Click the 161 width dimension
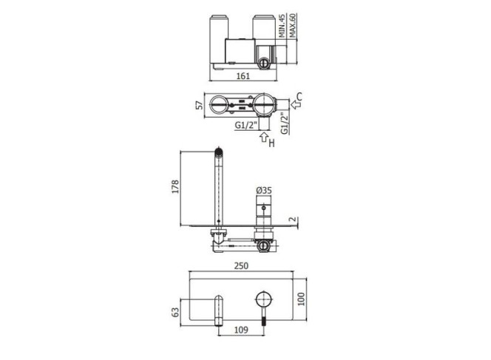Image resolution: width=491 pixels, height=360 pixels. [x=243, y=75]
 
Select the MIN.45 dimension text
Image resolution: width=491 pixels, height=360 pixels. [x=282, y=26]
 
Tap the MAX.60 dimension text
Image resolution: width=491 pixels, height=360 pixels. [x=292, y=25]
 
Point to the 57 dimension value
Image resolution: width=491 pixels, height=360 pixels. [x=199, y=105]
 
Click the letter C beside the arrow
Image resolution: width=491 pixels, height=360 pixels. [x=299, y=97]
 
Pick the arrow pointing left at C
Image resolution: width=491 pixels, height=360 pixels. [x=296, y=104]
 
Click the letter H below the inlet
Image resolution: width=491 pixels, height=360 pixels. [x=271, y=143]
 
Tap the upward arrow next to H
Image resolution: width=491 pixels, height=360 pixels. [x=264, y=137]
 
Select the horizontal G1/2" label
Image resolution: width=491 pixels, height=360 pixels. [x=245, y=125]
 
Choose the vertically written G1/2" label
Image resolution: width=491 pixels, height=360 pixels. [x=284, y=123]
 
